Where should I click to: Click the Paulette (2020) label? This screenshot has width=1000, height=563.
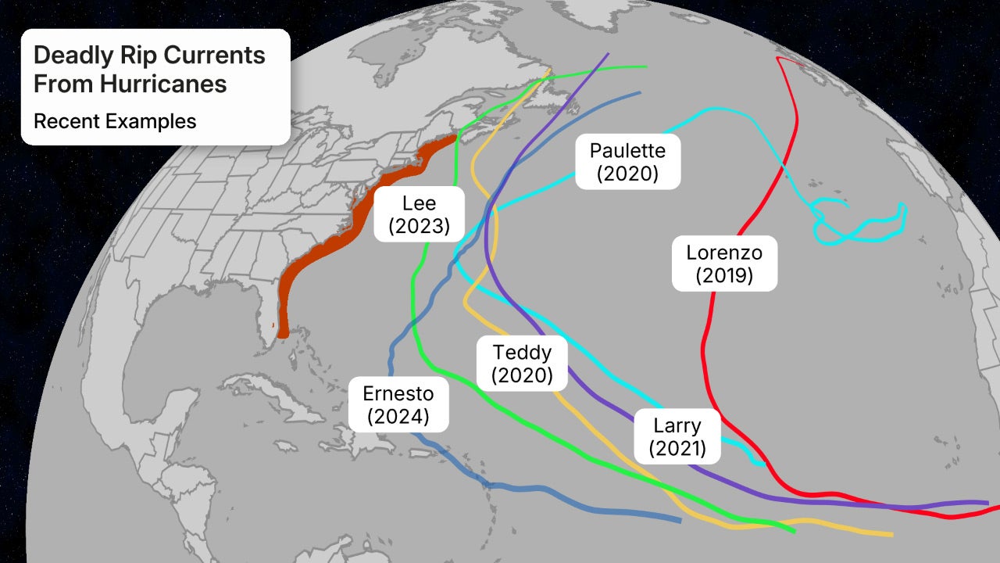pyautogui.click(x=627, y=162)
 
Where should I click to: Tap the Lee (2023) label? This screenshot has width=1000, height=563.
pyautogui.click(x=419, y=215)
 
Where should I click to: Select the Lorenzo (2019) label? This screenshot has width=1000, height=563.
pyautogui.click(x=724, y=264)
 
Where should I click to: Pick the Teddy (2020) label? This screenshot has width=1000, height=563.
pyautogui.click(x=522, y=364)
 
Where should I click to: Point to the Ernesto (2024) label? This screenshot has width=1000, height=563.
pyautogui.click(x=398, y=404)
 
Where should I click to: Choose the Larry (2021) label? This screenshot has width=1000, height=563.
pyautogui.click(x=677, y=437)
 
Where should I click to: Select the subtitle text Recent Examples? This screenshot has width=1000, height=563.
pyautogui.click(x=115, y=121)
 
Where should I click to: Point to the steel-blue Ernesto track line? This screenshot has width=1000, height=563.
pyautogui.click(x=547, y=491)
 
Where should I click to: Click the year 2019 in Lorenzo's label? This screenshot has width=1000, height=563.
pyautogui.click(x=724, y=275)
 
